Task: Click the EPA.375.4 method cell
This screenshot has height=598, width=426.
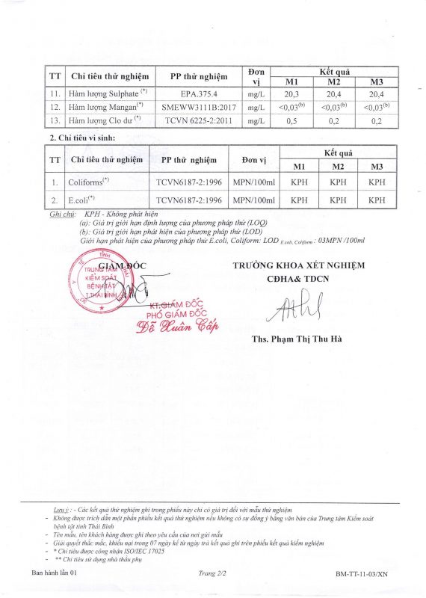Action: click(x=198, y=95)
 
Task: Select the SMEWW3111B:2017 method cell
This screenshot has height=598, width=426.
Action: click(x=198, y=108)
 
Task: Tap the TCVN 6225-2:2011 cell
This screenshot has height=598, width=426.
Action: click(x=198, y=120)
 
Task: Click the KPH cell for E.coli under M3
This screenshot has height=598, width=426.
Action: click(x=377, y=200)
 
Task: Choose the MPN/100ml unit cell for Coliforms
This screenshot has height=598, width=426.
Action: click(x=254, y=181)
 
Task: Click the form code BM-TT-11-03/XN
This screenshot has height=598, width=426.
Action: click(x=362, y=574)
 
